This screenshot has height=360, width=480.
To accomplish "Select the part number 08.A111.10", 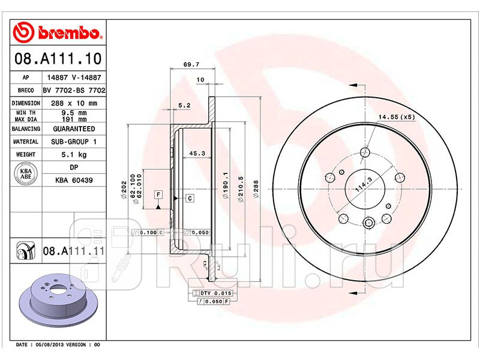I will click(57, 59).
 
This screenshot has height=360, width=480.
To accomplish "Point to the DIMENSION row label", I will click(26, 103).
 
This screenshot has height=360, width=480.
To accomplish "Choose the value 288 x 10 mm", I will click(73, 103).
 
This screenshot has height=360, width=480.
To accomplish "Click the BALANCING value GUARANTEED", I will click(73, 129).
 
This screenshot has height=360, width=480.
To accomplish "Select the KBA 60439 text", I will click(73, 179).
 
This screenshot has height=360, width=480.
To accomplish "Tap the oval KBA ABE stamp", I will click(26, 174).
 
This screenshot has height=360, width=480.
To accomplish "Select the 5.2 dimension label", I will click(184, 106).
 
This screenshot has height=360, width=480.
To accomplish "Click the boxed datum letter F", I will click(158, 194).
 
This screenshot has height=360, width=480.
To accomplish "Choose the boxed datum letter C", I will click(189, 198).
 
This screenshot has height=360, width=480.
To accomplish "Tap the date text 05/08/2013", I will click(50, 345).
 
